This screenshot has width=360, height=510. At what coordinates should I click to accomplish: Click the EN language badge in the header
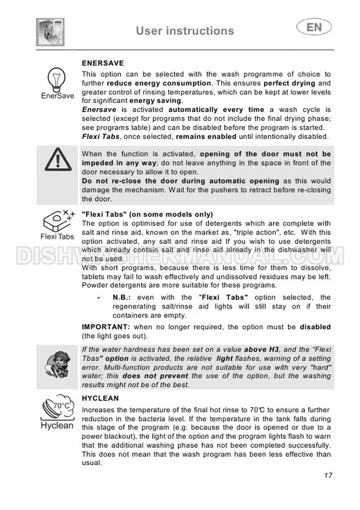(314, 27)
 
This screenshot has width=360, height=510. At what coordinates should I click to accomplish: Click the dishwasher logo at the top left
(51, 32)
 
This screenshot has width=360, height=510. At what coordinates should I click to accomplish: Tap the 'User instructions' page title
(185, 31)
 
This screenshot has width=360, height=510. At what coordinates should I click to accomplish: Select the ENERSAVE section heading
(103, 63)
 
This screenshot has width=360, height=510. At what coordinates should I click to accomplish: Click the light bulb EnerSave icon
(57, 78)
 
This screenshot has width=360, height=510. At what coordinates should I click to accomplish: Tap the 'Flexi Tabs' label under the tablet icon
(57, 237)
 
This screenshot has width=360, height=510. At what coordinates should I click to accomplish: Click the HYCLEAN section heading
(100, 398)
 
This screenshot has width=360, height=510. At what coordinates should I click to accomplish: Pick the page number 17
(328, 475)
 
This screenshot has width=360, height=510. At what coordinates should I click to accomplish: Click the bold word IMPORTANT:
(101, 327)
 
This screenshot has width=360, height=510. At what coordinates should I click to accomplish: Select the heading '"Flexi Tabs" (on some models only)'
(147, 214)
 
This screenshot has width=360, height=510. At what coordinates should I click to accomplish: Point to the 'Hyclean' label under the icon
(57, 425)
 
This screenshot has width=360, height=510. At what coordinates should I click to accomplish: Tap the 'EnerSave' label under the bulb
(57, 96)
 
